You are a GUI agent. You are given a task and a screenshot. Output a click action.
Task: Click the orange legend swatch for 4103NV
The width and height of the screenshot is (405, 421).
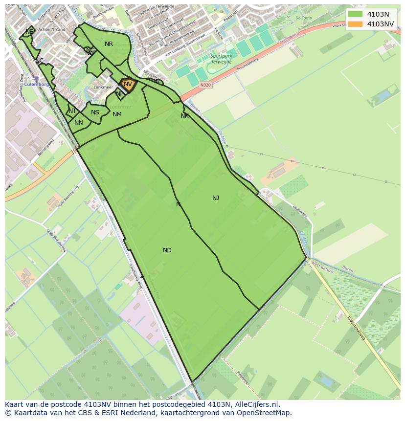pyautogui.click(x=356, y=24)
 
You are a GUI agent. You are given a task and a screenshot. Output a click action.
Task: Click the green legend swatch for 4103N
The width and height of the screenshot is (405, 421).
pyautogui.click(x=356, y=14)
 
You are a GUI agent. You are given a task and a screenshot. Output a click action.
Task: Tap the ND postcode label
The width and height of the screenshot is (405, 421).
pyautogui.click(x=167, y=250)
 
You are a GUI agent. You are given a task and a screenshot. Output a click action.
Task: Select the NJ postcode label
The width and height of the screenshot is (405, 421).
pyautogui.click(x=216, y=198)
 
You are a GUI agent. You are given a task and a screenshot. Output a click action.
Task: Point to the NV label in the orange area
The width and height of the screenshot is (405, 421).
pyautogui.click(x=128, y=84)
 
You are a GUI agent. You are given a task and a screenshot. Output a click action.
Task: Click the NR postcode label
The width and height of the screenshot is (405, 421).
pyautogui.click(x=109, y=44)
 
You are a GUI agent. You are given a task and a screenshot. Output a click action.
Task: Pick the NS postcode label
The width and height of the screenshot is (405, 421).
pyautogui.click(x=95, y=112)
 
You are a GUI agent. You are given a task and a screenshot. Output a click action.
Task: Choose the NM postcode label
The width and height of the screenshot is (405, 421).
pyautogui.click(x=117, y=114)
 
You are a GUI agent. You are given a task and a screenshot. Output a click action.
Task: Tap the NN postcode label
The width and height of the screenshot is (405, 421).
pyautogui.click(x=79, y=123)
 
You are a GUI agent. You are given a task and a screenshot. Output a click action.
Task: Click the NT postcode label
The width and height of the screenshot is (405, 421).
pyautogui.click(x=72, y=111)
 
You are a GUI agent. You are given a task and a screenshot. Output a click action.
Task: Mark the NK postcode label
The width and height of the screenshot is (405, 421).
pyautogui.click(x=184, y=116)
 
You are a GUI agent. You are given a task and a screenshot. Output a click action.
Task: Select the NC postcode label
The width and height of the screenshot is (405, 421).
pyautogui.click(x=39, y=61)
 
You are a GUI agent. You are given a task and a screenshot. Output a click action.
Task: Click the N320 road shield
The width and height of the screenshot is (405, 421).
pyautogui.click(x=206, y=85)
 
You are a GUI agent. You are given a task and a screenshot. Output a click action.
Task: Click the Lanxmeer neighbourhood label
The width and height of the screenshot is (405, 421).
pyautogui.click(x=103, y=88)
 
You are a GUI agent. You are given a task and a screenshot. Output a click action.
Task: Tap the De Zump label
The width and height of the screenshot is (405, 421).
pyautogui.click(x=303, y=18)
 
